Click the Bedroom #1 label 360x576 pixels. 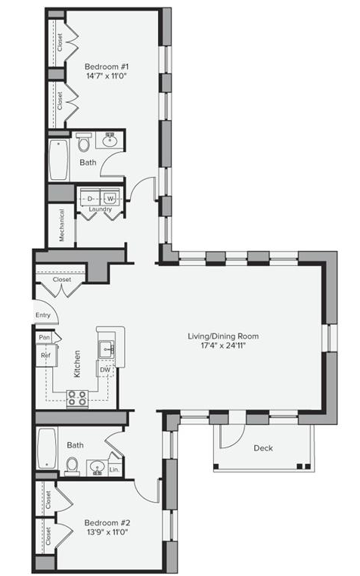(x=107, y=67)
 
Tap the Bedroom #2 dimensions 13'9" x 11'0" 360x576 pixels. (x=107, y=532)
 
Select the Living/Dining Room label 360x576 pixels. (x=223, y=336)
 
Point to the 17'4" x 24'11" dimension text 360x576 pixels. (x=223, y=345)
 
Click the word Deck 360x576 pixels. (x=263, y=448)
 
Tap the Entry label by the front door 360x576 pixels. (x=43, y=315)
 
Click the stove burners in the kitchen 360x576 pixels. (x=77, y=398)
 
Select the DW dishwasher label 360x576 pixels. (x=105, y=370)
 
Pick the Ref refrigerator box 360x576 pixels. (x=46, y=355)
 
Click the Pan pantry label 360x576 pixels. (x=44, y=337)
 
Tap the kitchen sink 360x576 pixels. (x=107, y=348)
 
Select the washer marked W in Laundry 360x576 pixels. (x=110, y=199)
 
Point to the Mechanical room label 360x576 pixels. (x=61, y=225)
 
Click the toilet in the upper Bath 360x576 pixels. (x=84, y=142)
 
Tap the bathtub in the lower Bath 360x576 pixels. (x=47, y=448)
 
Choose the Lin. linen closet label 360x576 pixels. (x=114, y=469)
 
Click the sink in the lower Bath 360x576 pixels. (x=97, y=468)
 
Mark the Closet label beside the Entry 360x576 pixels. (x=62, y=280)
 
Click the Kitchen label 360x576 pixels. (x=77, y=364)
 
